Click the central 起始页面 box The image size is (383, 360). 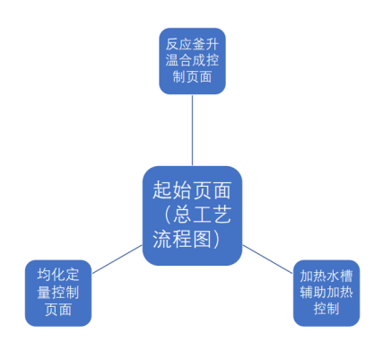[192, 215]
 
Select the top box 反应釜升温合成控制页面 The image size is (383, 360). [192, 61]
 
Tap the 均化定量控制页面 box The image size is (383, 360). [58, 293]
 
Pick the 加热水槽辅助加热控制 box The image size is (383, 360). [326, 293]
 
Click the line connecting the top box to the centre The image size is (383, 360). [192, 130]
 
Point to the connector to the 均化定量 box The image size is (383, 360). [117, 259]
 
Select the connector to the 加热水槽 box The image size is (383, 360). [267, 259]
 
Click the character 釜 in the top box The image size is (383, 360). [199, 44]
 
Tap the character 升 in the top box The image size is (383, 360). [212, 44]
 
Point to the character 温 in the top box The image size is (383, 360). [172, 60]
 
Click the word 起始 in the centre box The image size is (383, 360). [172, 190]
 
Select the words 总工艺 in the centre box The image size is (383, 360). [202, 215]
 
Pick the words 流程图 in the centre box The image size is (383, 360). [182, 239]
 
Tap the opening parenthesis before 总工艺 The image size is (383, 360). [167, 215]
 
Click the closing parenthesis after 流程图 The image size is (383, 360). [216, 239]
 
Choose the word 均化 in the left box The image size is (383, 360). [51, 276]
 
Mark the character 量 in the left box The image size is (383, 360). [44, 293]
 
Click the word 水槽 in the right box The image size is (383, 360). [339, 276]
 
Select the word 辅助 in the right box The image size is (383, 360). [313, 292]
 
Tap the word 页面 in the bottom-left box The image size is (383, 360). [58, 310]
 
